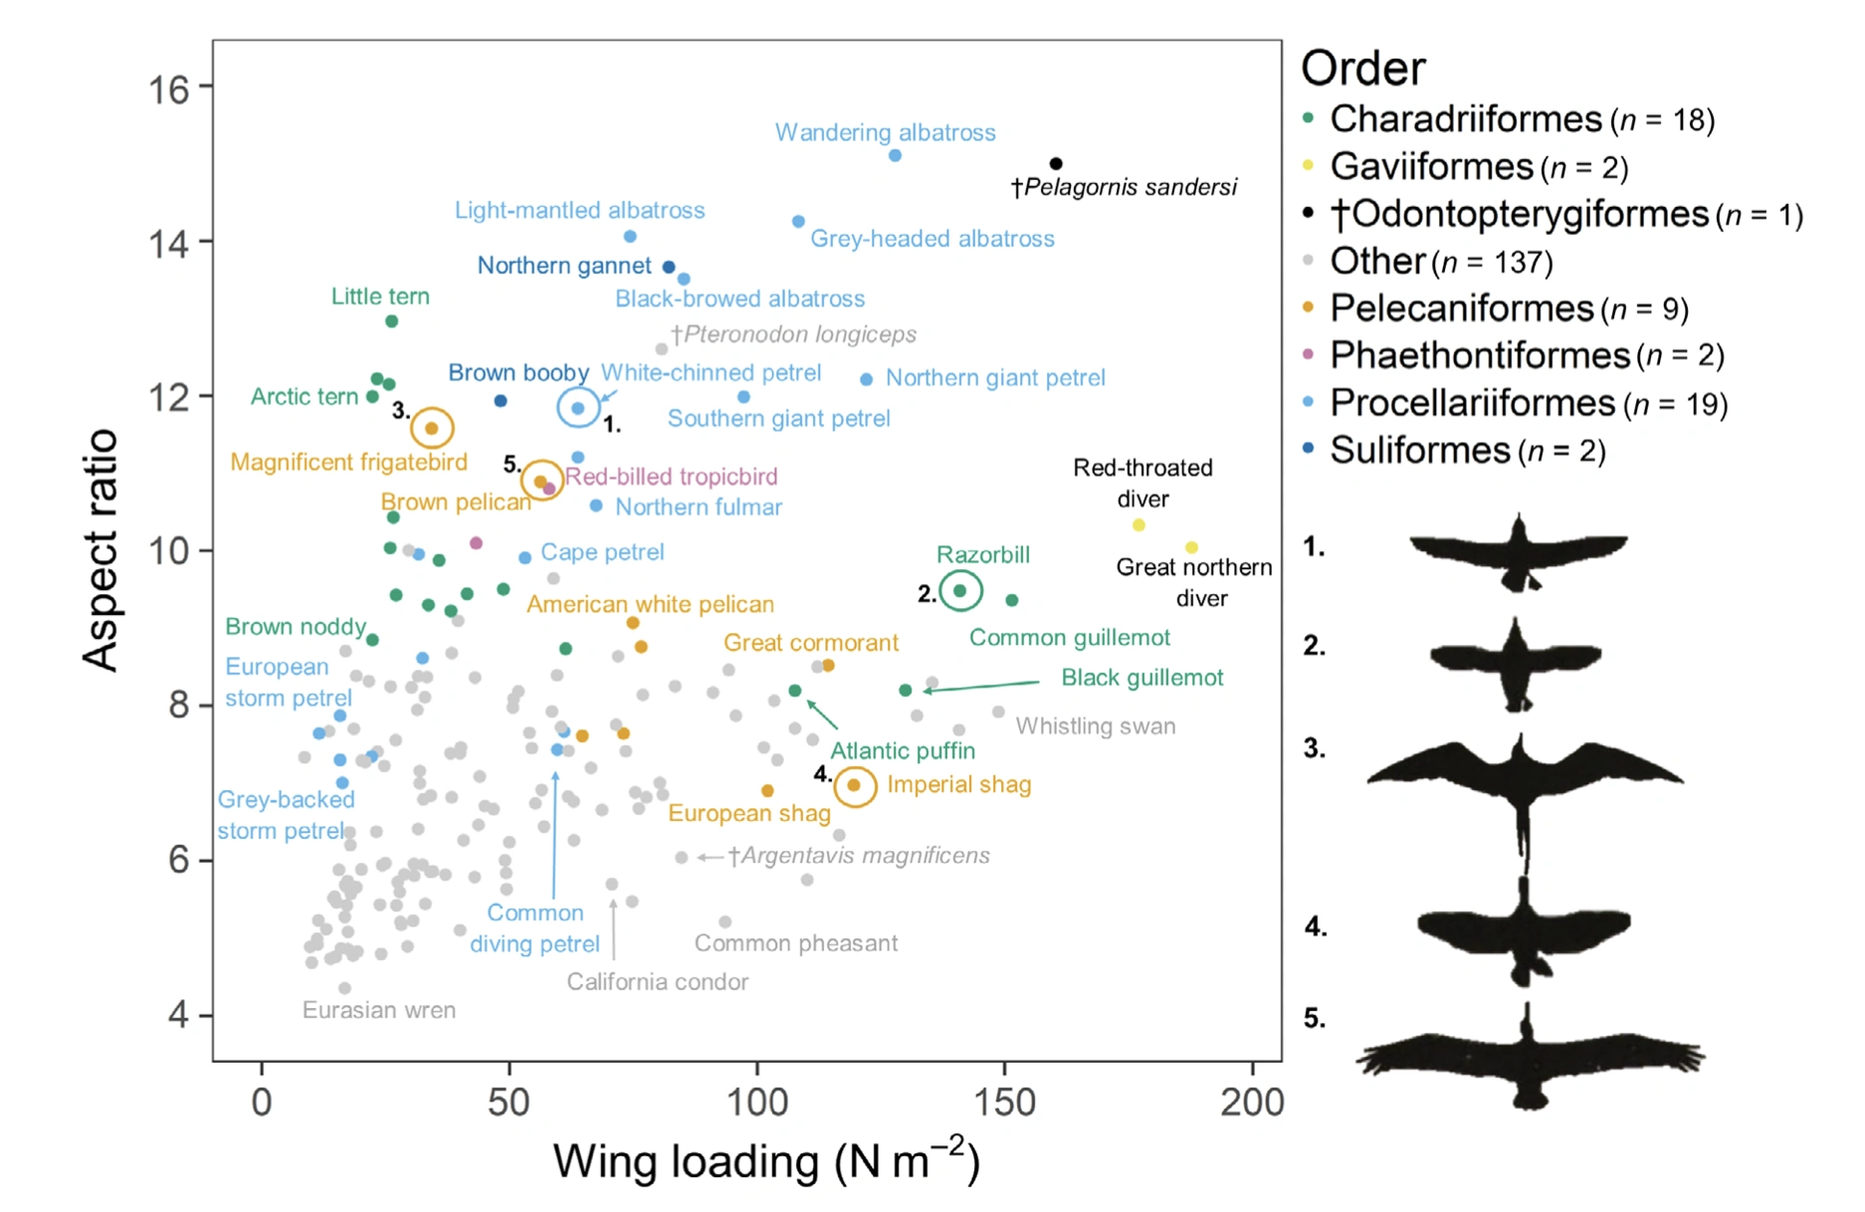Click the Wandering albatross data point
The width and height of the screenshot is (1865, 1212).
click(895, 155)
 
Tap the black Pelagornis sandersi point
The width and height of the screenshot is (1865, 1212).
click(1056, 163)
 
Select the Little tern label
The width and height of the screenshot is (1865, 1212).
click(380, 297)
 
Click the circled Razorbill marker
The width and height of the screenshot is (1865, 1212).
click(960, 591)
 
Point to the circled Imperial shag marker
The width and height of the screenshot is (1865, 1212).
click(854, 785)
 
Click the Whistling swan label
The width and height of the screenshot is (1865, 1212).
click(1095, 726)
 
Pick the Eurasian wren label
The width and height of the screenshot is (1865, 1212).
click(379, 1010)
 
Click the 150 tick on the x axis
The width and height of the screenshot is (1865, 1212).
click(1004, 1103)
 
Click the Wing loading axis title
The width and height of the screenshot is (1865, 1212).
click(766, 1161)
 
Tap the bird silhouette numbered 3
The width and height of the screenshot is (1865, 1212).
click(1522, 786)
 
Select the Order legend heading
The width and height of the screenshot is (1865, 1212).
click(1362, 69)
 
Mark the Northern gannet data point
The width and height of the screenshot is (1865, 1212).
click(669, 267)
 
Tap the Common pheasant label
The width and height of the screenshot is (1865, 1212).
click(795, 943)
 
